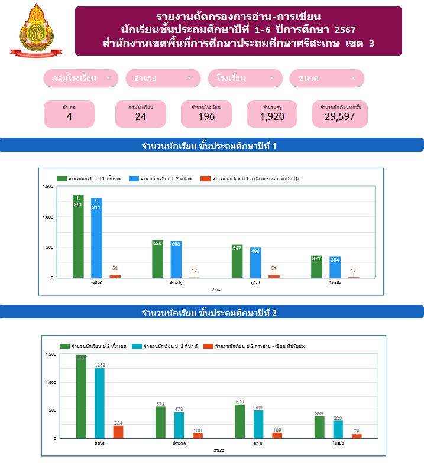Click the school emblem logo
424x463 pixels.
35,30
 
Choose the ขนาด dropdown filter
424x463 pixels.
326,78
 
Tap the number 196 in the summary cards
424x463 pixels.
206,116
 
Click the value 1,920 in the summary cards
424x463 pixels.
272,116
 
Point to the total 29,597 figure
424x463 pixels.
340,116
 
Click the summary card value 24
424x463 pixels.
141,116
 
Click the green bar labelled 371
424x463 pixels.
317,266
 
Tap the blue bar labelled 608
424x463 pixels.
176,259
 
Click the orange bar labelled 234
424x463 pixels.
118,432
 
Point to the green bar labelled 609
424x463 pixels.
239,421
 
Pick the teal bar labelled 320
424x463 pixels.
338,429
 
